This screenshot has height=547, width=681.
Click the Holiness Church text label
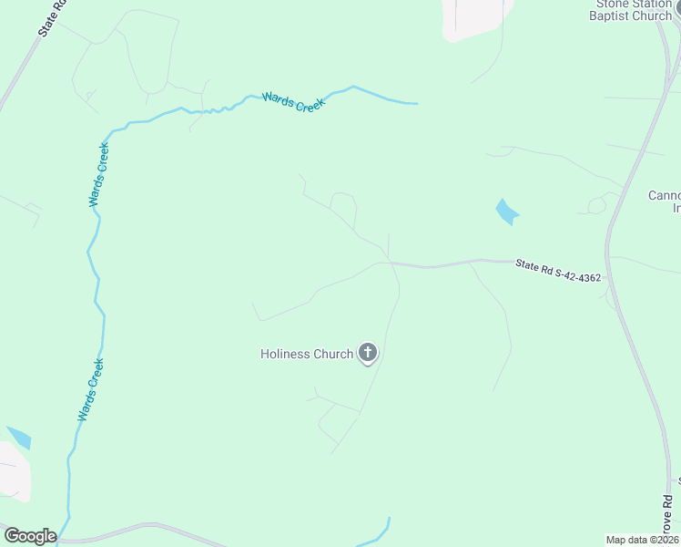[x=307, y=354]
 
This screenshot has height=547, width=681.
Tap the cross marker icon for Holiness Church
[x=368, y=353]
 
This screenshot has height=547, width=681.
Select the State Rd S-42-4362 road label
[x=558, y=271]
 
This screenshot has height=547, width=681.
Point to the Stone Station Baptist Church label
[x=631, y=9]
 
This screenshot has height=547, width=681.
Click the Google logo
[x=29, y=536]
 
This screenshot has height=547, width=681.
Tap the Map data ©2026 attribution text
[x=642, y=540]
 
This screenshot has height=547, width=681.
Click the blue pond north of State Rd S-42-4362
[x=506, y=212]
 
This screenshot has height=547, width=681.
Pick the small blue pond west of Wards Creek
[x=18, y=437]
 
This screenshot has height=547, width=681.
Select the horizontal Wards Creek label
[x=292, y=100]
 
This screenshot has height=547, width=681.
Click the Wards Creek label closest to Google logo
[x=91, y=389]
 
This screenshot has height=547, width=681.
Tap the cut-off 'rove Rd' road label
[x=667, y=517]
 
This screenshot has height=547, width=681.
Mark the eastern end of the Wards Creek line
[x=415, y=103]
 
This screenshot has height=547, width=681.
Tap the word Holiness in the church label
[x=285, y=354]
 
